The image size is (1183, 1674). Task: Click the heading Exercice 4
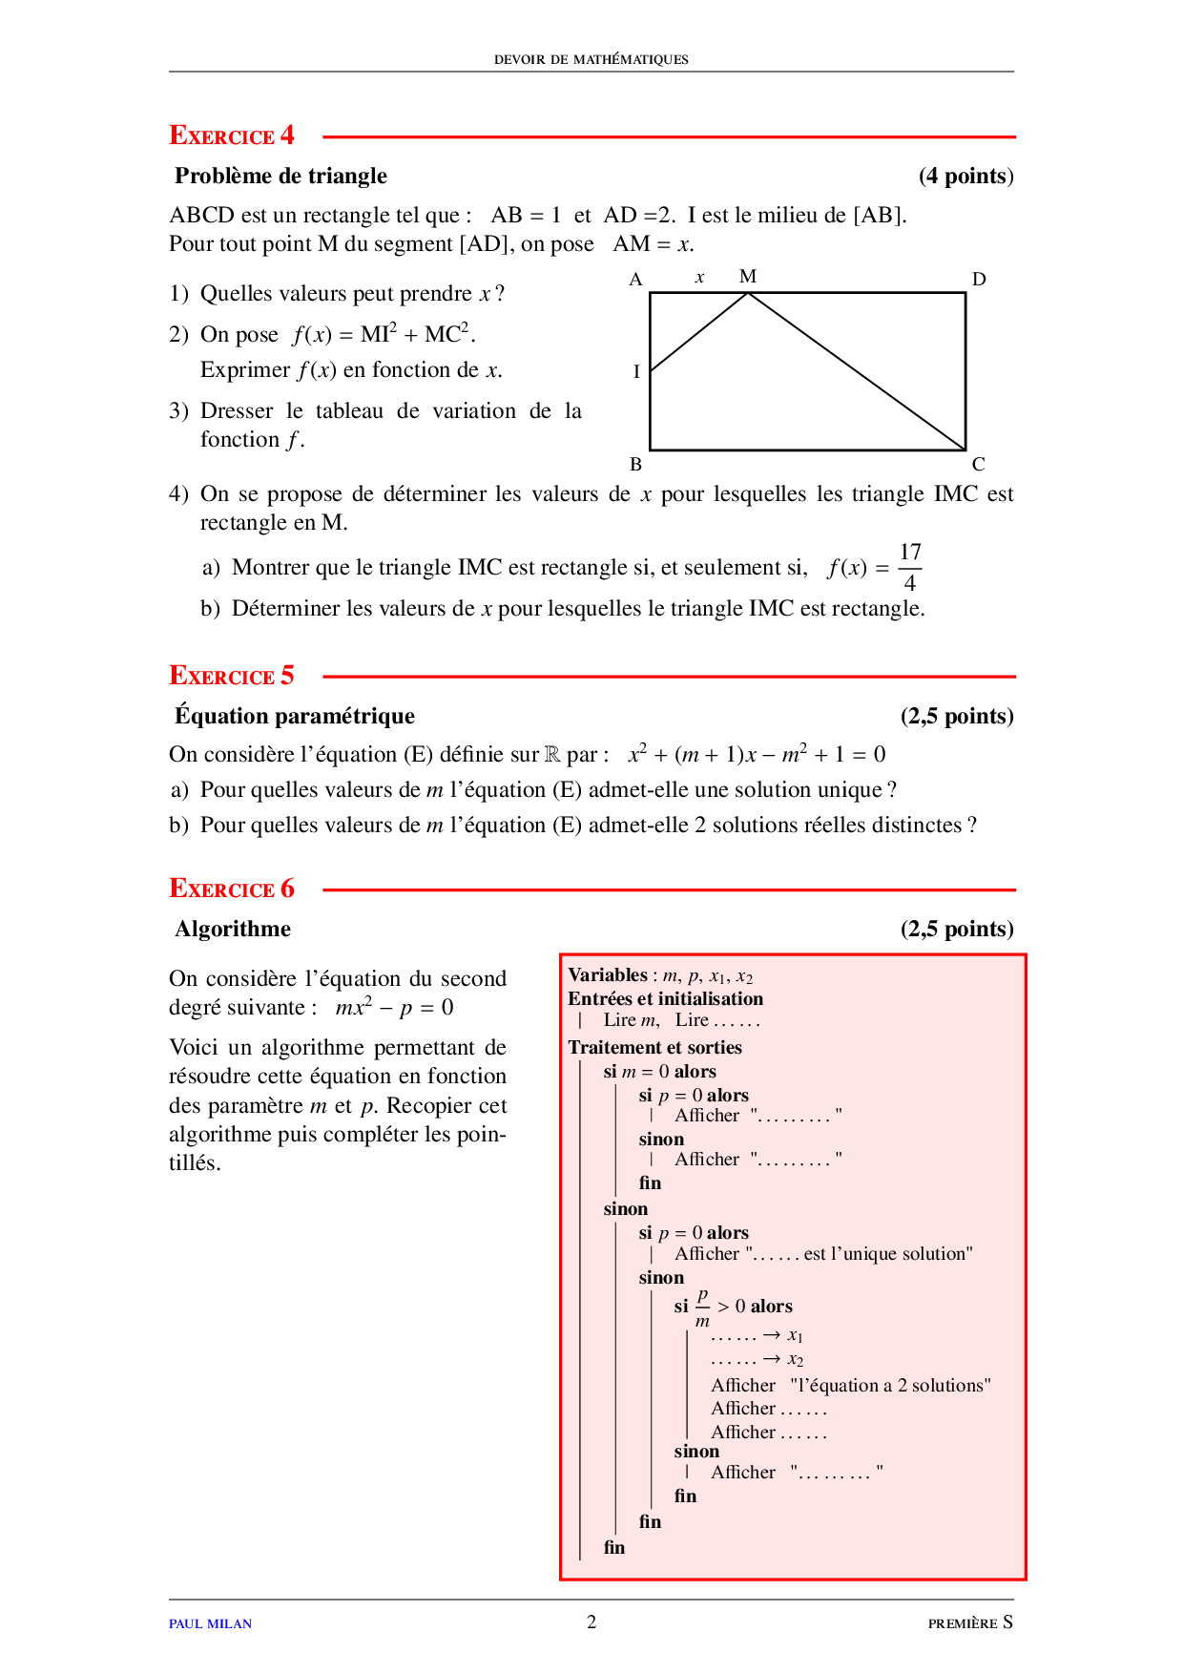(x=232, y=136)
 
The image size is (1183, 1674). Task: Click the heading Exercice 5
(x=232, y=676)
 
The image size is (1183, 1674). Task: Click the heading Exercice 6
(x=232, y=889)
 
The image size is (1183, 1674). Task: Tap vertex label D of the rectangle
(x=979, y=280)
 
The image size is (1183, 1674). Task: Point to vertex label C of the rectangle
(x=979, y=465)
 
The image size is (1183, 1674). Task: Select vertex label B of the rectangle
(x=636, y=465)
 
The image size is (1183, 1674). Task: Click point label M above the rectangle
(x=748, y=277)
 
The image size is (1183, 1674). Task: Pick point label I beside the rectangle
(x=636, y=372)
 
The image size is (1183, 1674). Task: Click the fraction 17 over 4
(x=910, y=567)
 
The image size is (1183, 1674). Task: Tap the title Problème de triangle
(x=280, y=176)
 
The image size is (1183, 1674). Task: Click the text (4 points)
(x=965, y=176)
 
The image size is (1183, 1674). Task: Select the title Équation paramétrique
(x=295, y=716)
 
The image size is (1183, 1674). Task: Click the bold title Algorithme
(x=233, y=929)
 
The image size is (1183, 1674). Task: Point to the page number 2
(x=591, y=1622)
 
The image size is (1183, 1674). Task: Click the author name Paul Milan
(x=211, y=1623)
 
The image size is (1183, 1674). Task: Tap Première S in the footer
(x=970, y=1622)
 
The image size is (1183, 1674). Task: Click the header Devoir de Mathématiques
(x=591, y=59)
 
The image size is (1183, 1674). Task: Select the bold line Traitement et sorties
(x=654, y=1047)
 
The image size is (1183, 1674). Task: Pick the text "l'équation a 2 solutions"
(x=890, y=1385)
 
